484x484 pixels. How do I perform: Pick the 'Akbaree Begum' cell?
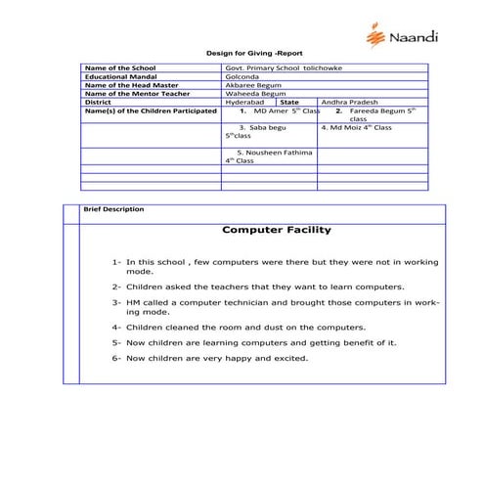(x=250, y=84)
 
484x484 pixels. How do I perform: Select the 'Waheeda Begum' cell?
(x=250, y=92)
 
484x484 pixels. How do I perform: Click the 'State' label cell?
(x=289, y=101)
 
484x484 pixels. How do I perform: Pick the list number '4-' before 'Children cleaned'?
(x=116, y=327)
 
